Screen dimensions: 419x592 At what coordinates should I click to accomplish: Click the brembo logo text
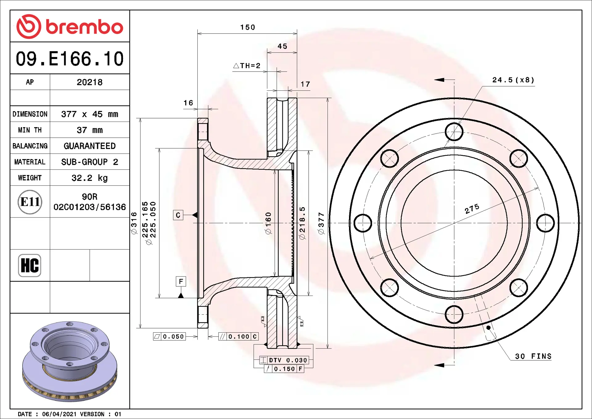(x=84, y=27)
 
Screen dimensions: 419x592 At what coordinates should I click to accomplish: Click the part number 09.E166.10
(x=70, y=59)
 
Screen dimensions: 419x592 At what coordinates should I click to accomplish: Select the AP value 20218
(x=89, y=82)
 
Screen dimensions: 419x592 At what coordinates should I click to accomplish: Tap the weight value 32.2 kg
(x=89, y=178)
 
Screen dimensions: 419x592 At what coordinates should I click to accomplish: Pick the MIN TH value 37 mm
(x=89, y=130)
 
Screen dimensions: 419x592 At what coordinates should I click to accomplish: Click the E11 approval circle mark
(x=30, y=202)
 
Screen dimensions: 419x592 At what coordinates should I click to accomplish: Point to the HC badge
(x=30, y=265)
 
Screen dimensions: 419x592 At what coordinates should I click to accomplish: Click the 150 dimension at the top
(x=248, y=27)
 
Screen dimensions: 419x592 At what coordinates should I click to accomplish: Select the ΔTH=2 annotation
(x=247, y=66)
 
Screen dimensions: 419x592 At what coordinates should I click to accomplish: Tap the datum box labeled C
(x=178, y=215)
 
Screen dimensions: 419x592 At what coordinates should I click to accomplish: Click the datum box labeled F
(x=181, y=281)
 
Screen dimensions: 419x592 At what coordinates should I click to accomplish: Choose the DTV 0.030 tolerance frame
(x=284, y=360)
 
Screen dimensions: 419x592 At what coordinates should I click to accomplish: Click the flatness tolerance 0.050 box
(x=170, y=337)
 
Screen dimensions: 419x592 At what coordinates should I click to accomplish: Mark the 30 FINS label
(x=533, y=356)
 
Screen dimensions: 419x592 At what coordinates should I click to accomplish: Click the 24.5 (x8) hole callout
(x=513, y=80)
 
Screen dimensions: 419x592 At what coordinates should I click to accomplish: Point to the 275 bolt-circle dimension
(x=472, y=209)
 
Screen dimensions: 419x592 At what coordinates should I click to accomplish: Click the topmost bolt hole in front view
(x=454, y=132)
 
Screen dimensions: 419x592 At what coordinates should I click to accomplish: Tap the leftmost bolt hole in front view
(x=363, y=223)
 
